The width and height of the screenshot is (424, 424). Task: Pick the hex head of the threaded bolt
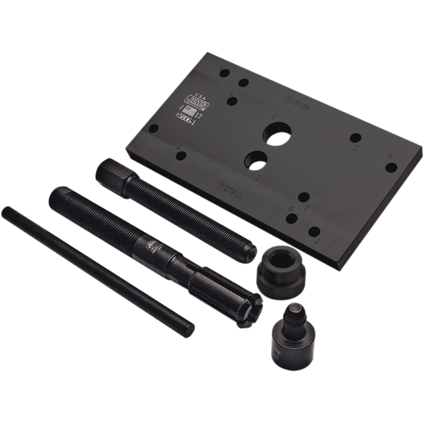[107, 175]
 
